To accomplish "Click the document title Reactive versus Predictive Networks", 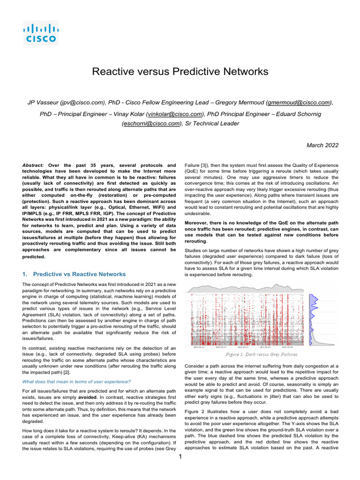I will click(x=180, y=72).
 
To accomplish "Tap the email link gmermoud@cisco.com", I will click(x=298, y=102).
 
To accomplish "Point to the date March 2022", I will click(x=322, y=145).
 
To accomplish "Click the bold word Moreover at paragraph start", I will click(x=199, y=223).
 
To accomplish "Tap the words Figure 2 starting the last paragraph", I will click(x=195, y=409).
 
